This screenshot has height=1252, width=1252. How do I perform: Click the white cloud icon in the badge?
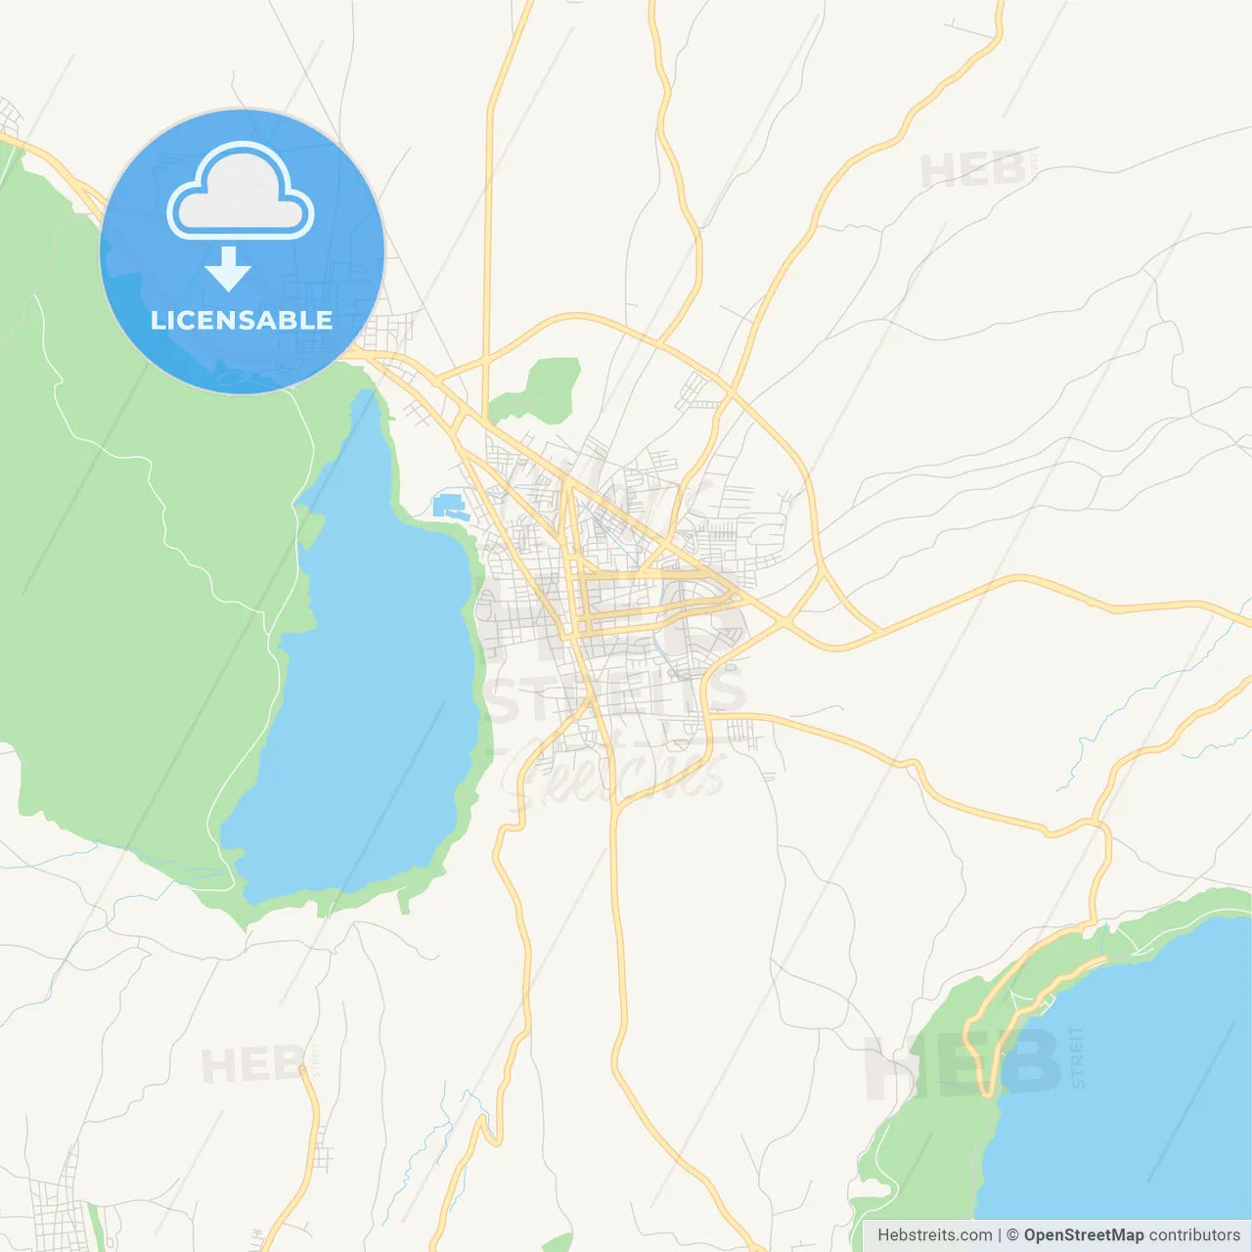click(x=241, y=192)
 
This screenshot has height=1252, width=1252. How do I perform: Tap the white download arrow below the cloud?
click(x=228, y=269)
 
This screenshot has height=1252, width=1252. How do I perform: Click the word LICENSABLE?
click(x=242, y=320)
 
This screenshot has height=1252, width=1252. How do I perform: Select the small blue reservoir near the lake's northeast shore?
click(x=448, y=507)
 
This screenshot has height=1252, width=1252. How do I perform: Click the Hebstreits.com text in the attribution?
click(x=934, y=1235)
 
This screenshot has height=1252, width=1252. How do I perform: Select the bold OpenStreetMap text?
click(x=1083, y=1235)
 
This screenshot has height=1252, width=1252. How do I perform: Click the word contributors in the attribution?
click(x=1194, y=1235)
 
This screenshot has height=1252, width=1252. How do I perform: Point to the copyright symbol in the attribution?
click(x=1012, y=1235)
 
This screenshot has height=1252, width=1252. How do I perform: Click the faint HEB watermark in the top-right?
click(x=973, y=171)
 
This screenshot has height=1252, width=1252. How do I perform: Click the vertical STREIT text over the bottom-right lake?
click(x=1077, y=1056)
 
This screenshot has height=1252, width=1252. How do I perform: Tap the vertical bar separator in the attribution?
click(x=999, y=1235)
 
